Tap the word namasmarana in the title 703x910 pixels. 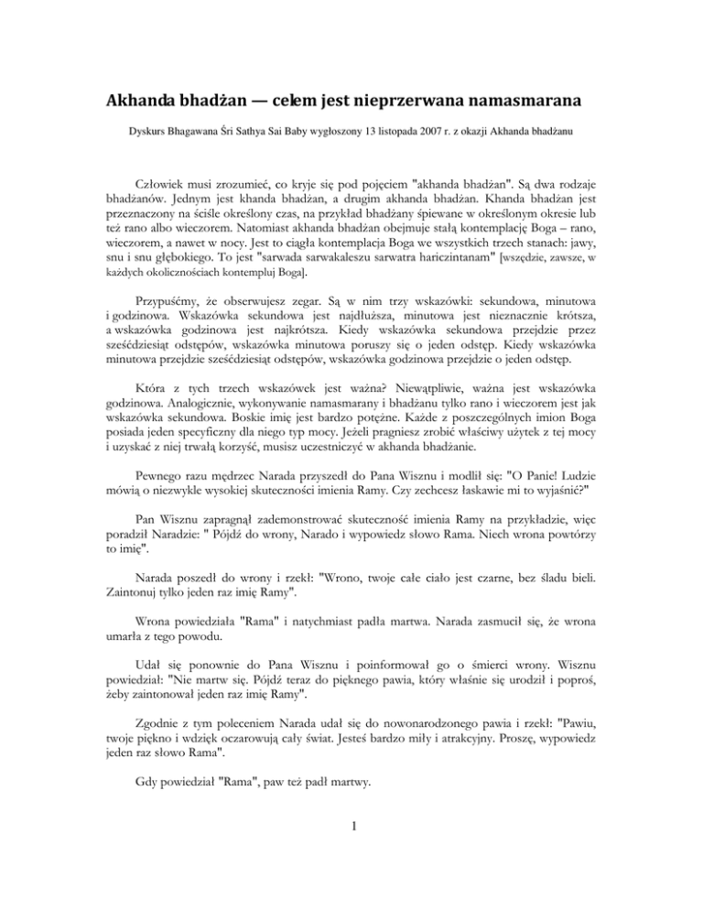click(537, 101)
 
